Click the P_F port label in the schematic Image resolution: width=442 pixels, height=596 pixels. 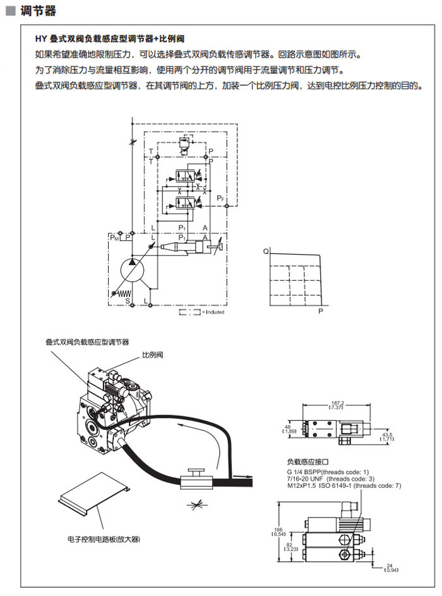(x=219, y=198)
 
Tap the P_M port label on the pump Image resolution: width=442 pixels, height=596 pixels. (x=114, y=238)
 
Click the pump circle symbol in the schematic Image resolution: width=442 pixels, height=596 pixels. (x=133, y=269)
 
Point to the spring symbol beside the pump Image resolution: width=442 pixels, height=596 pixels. (x=121, y=292)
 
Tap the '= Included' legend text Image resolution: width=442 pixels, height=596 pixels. (x=213, y=312)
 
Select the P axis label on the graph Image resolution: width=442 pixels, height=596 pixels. (x=320, y=311)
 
